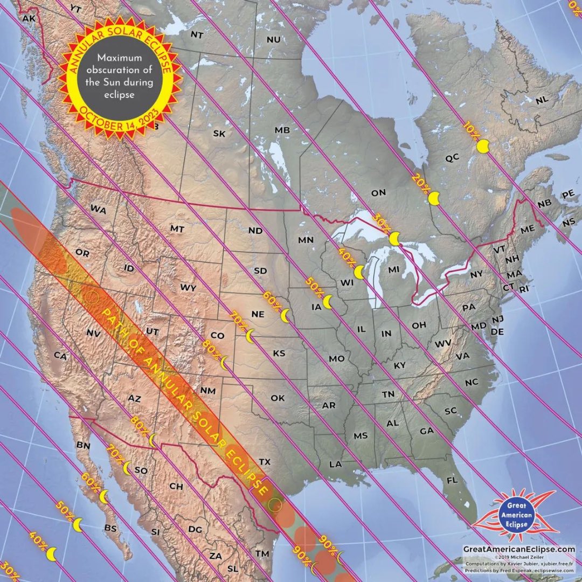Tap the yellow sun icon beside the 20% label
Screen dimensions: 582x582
pyautogui.click(x=434, y=198)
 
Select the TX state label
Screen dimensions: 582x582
pyautogui.click(x=264, y=462)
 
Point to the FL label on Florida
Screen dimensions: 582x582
pyautogui.click(x=452, y=480)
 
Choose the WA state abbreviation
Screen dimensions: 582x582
pyautogui.click(x=98, y=209)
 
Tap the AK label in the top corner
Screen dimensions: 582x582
pyautogui.click(x=28, y=18)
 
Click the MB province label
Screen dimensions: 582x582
pyautogui.click(x=282, y=130)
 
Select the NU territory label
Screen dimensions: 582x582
pyautogui.click(x=274, y=39)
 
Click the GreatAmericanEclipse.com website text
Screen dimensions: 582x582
pyautogui.click(x=519, y=548)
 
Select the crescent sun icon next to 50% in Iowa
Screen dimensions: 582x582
pyautogui.click(x=328, y=302)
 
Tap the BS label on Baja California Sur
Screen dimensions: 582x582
pyautogui.click(x=110, y=528)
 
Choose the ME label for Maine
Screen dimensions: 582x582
pyautogui.click(x=528, y=229)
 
